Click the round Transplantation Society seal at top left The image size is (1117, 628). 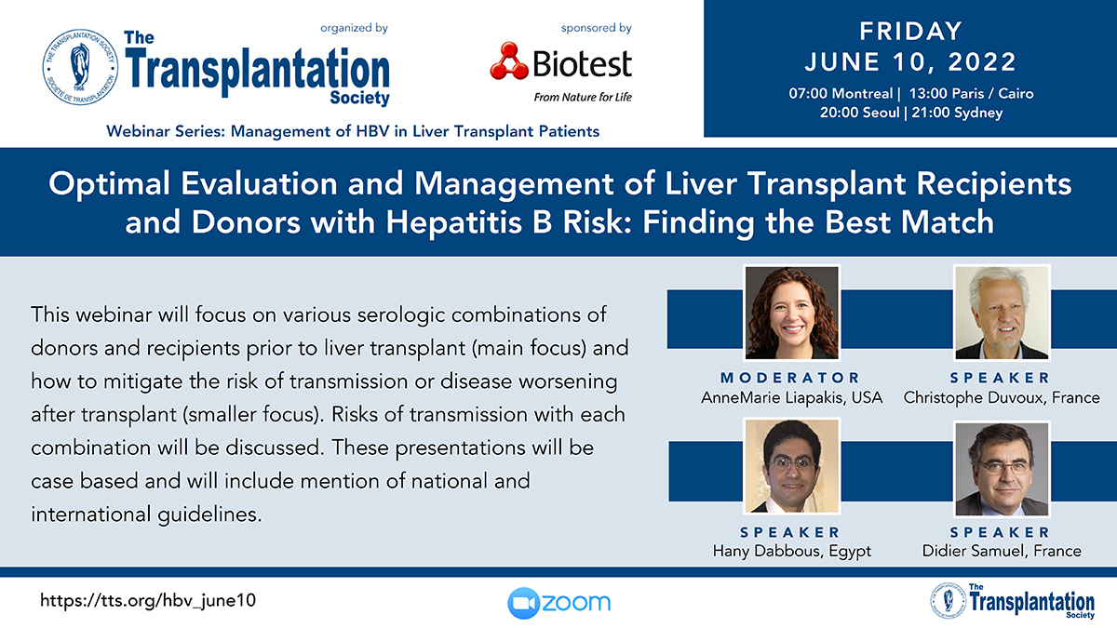point(80,67)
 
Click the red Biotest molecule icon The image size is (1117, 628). point(508,61)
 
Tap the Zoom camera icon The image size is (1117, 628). point(523,603)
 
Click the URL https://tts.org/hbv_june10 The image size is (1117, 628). point(148,600)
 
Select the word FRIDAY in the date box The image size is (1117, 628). point(910,32)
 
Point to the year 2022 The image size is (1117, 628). point(981,62)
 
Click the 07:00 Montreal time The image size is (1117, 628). point(841,94)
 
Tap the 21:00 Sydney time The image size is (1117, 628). point(957,113)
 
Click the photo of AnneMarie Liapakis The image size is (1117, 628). point(791,313)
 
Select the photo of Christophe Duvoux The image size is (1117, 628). point(1002,313)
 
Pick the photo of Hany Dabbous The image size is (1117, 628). point(791,466)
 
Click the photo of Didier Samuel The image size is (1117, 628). point(1002,469)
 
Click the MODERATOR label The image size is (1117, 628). point(791,378)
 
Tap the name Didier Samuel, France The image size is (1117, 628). point(1002,551)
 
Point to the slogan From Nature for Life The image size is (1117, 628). point(583,97)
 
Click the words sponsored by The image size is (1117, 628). point(597,28)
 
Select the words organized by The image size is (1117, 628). point(354,28)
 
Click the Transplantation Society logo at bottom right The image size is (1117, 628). point(1013,601)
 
